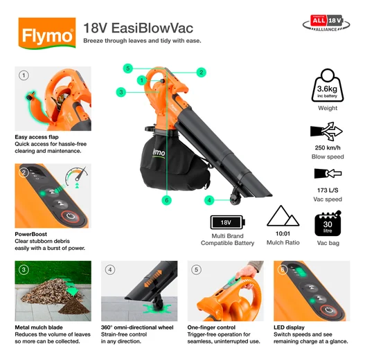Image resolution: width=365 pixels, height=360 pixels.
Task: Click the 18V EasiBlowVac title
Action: tap(137, 28)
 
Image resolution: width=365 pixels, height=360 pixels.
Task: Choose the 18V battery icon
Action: tap(227, 223)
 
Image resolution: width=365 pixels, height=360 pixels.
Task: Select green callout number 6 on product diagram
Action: tap(166, 200)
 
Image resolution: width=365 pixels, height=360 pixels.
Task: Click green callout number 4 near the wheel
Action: tap(208, 200)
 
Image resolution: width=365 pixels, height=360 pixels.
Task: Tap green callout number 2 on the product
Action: tap(200, 72)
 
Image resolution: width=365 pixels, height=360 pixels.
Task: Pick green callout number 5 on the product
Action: tap(127, 68)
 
